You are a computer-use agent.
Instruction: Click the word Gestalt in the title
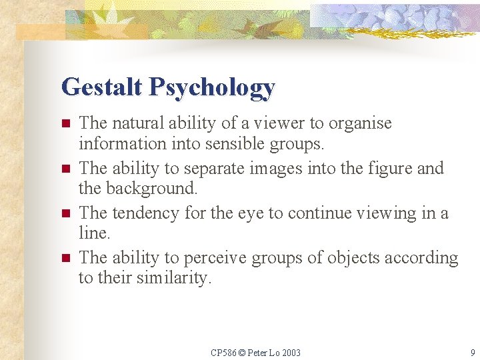tap(102, 87)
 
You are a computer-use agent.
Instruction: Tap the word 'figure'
tap(386, 169)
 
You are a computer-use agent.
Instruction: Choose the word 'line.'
tap(93, 233)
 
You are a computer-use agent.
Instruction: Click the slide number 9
tap(472, 353)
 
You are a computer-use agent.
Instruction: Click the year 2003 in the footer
tap(291, 353)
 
